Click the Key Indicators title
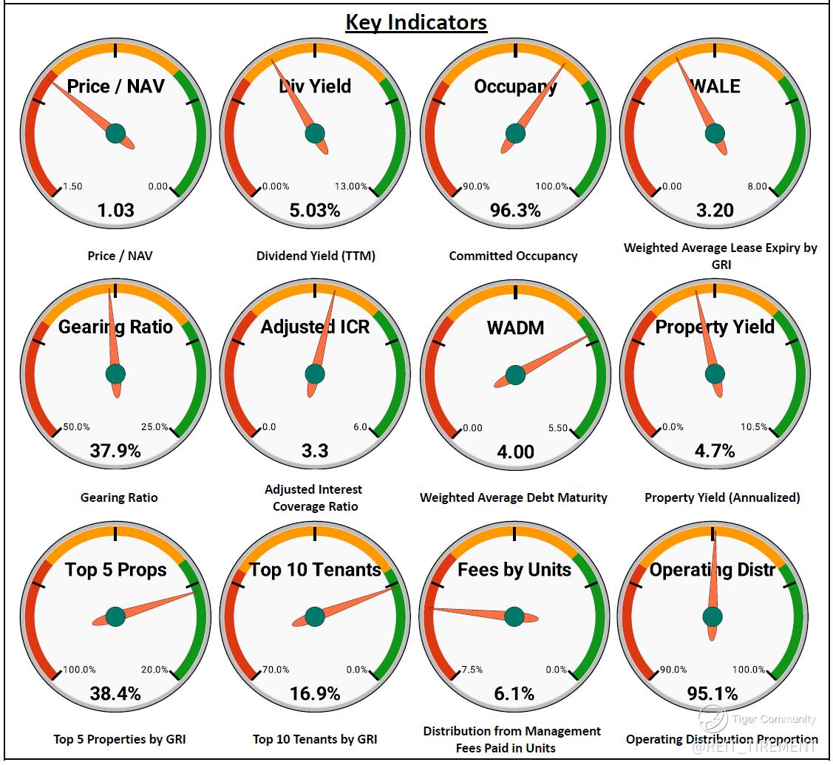click(x=416, y=22)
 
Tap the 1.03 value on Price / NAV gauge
click(x=116, y=211)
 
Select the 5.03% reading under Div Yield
click(x=315, y=211)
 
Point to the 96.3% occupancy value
click(x=515, y=211)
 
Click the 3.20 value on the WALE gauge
click(x=715, y=211)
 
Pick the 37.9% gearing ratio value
click(x=115, y=450)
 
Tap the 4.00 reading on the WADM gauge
click(x=515, y=451)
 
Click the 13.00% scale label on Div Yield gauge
click(x=351, y=187)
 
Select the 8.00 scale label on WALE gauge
click(x=757, y=187)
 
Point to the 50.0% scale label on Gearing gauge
click(x=77, y=427)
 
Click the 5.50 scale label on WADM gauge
click(x=558, y=428)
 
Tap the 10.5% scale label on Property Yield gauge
click(x=754, y=427)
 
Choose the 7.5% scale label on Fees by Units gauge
click(x=472, y=670)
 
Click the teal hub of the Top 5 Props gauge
click(x=115, y=616)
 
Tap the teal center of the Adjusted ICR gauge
click(x=315, y=375)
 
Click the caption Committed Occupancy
click(x=513, y=256)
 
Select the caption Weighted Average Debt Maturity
click(x=513, y=497)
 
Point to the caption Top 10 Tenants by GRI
click(x=315, y=738)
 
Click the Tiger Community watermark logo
click(x=713, y=718)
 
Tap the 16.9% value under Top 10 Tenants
click(x=315, y=693)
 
